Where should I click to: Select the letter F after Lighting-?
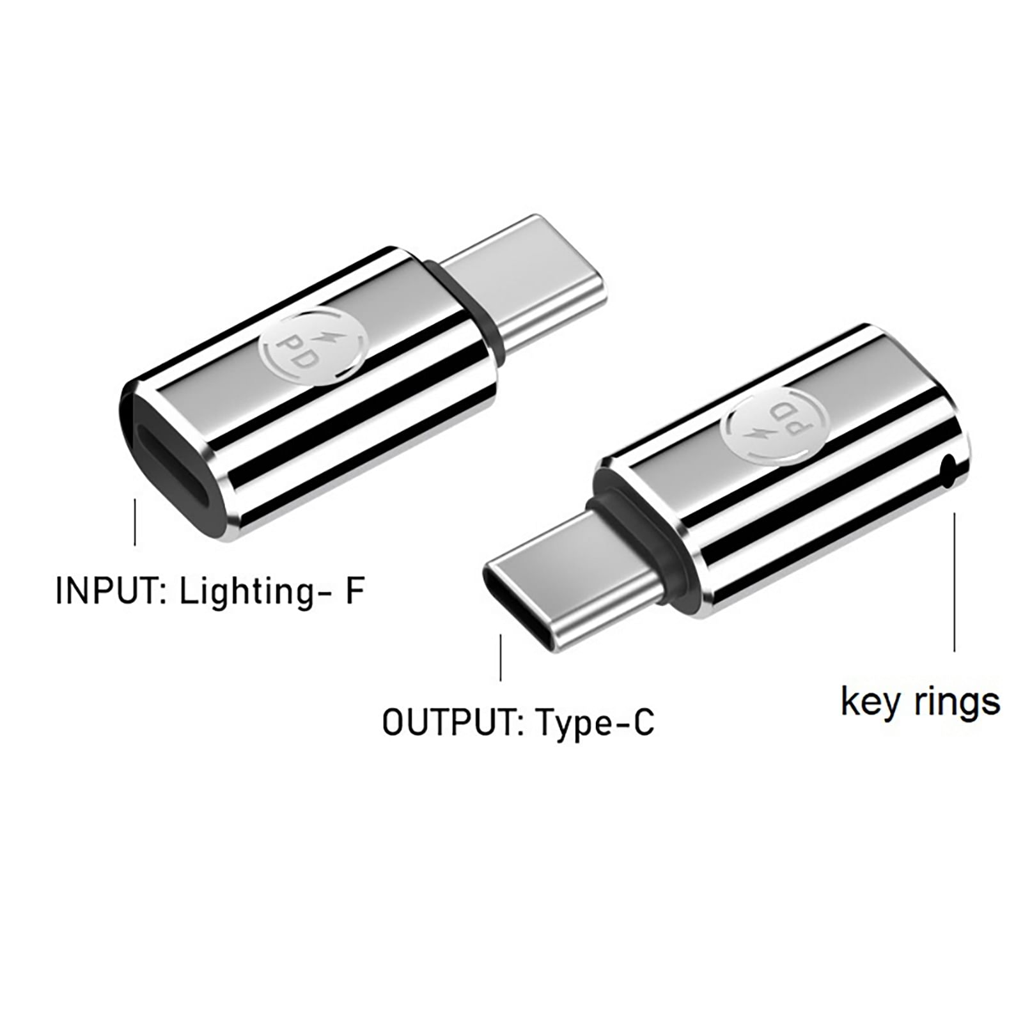354,591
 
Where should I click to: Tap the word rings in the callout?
957,703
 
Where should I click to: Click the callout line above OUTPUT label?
501,657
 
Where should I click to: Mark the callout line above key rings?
955,582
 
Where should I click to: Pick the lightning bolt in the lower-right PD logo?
761,435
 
